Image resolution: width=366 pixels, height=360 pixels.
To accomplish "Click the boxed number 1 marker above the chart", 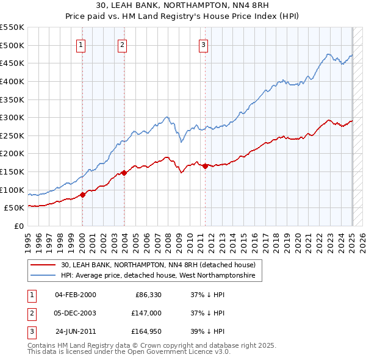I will pyautogui.click(x=81, y=44).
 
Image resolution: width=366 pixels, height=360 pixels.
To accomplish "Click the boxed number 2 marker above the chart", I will pyautogui.click(x=123, y=44).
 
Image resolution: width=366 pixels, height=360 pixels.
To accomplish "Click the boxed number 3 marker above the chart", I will pyautogui.click(x=203, y=44).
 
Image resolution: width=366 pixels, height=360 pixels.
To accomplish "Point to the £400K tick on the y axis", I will pyautogui.click(x=12, y=81).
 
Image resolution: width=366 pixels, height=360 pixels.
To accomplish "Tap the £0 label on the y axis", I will pyautogui.click(x=18, y=226).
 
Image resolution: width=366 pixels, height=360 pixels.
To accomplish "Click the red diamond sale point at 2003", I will pyautogui.click(x=124, y=173).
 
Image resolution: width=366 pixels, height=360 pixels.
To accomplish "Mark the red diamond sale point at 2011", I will pyautogui.click(x=205, y=166).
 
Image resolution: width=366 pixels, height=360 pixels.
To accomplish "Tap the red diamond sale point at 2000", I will pyautogui.click(x=82, y=195).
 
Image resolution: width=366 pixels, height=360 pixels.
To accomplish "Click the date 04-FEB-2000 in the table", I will pyautogui.click(x=76, y=295).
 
